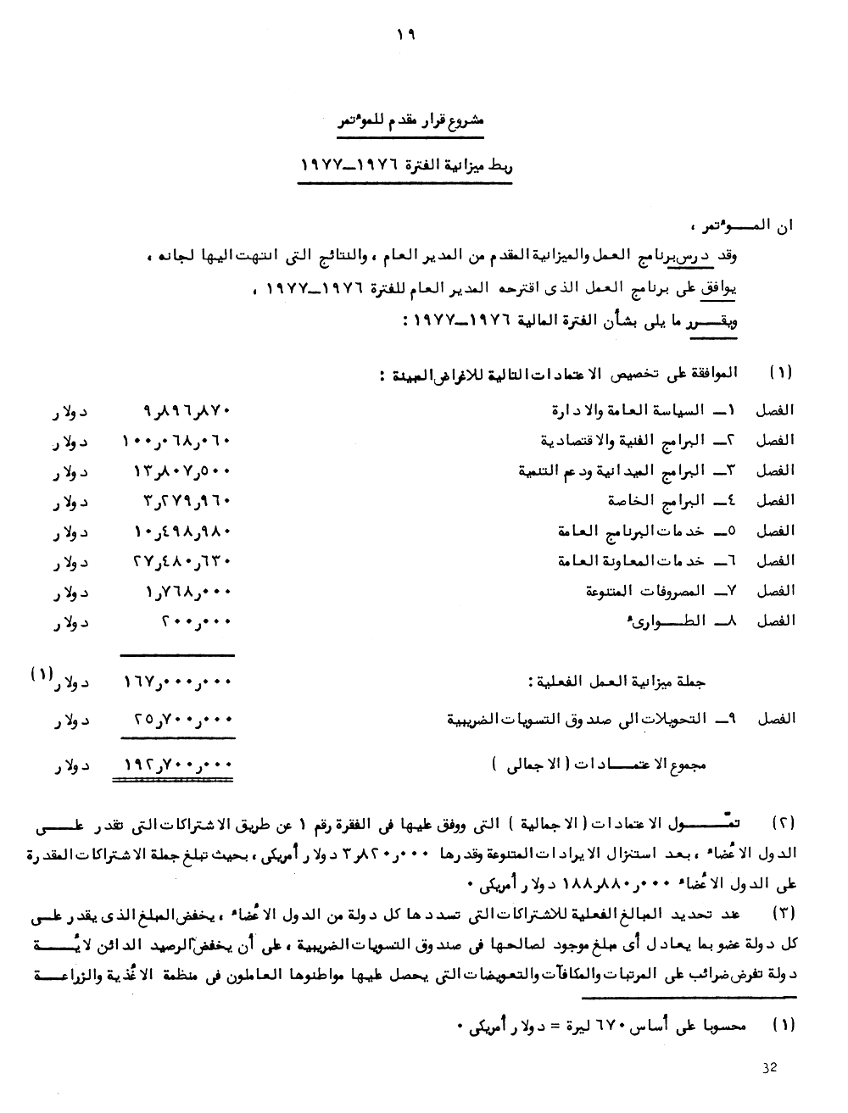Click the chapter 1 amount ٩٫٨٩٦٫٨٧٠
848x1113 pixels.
(x=182, y=410)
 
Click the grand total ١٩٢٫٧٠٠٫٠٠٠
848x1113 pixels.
(x=175, y=765)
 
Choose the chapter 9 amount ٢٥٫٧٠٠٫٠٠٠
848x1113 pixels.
(x=181, y=720)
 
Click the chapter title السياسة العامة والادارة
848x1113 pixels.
(x=628, y=410)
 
